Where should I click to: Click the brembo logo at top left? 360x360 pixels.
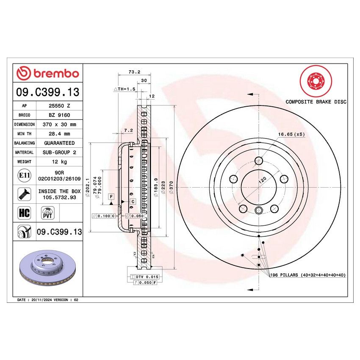[x=47, y=74]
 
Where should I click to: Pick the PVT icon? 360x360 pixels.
[x=47, y=213]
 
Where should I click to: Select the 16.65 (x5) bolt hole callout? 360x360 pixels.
[x=291, y=134]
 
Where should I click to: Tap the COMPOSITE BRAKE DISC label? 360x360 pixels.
[x=316, y=102]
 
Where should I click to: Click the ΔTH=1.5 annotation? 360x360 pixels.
[x=124, y=90]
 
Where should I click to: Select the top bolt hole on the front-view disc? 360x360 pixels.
[x=259, y=161]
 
